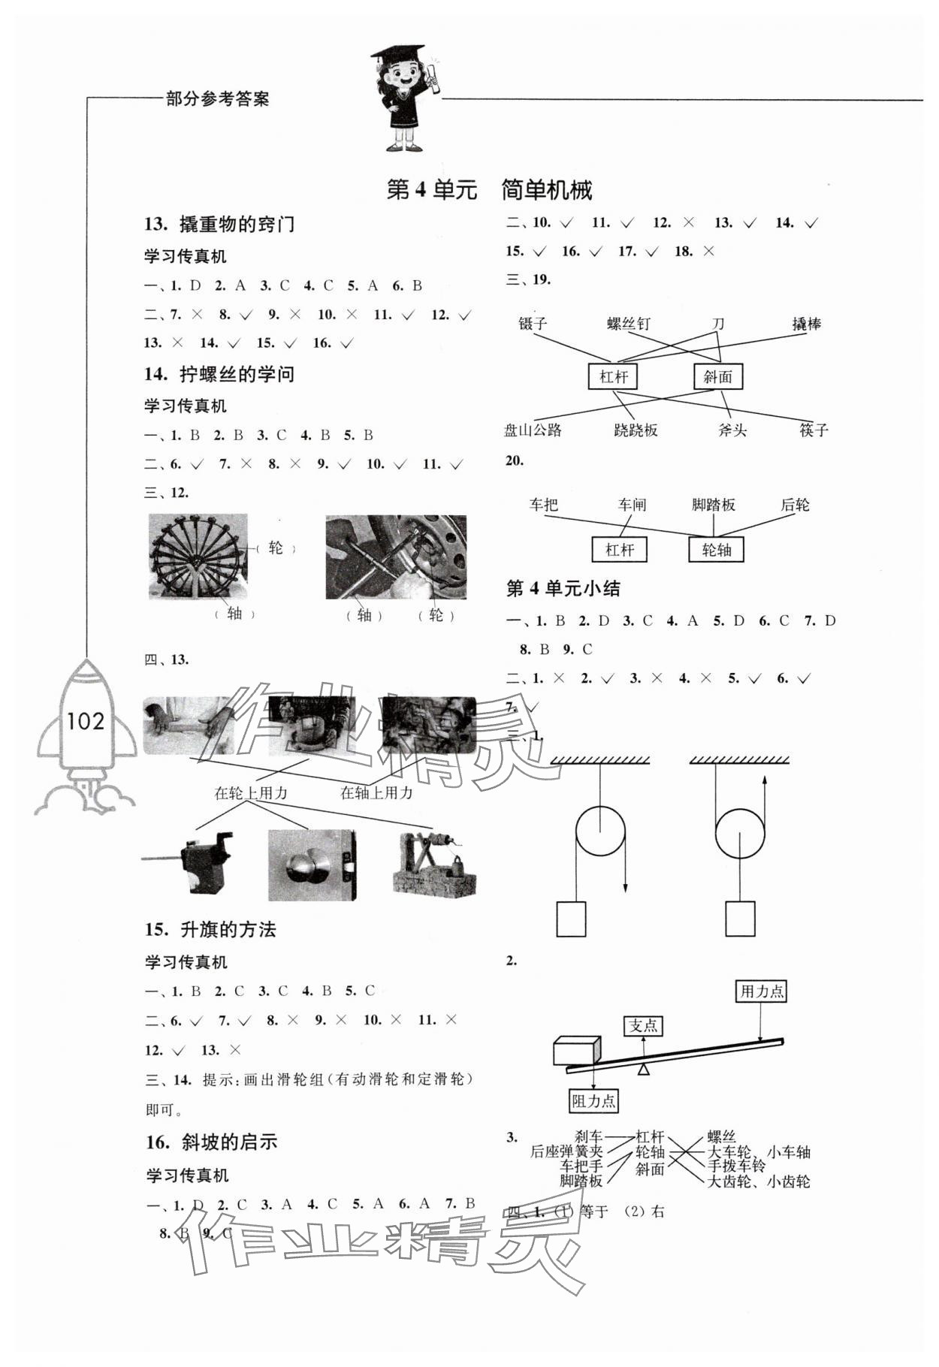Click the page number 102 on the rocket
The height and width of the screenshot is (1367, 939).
click(x=86, y=722)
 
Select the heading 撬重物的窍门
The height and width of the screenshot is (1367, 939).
click(x=237, y=225)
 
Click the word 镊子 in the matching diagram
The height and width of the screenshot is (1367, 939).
click(x=533, y=324)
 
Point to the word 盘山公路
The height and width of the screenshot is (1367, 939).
click(x=533, y=430)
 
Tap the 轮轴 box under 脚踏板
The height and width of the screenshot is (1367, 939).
click(x=716, y=550)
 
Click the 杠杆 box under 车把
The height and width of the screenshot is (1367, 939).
click(x=619, y=550)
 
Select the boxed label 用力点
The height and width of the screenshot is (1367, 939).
click(x=762, y=991)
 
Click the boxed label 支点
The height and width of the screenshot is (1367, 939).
click(x=643, y=1026)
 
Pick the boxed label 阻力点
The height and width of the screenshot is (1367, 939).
click(x=593, y=1101)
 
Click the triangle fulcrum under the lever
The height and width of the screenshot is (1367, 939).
click(x=643, y=1069)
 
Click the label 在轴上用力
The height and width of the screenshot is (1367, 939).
click(x=376, y=792)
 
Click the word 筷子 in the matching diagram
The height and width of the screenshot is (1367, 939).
click(x=814, y=430)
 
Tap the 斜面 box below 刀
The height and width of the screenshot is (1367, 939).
click(x=717, y=377)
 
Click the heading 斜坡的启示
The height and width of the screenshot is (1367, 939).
click(x=229, y=1142)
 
